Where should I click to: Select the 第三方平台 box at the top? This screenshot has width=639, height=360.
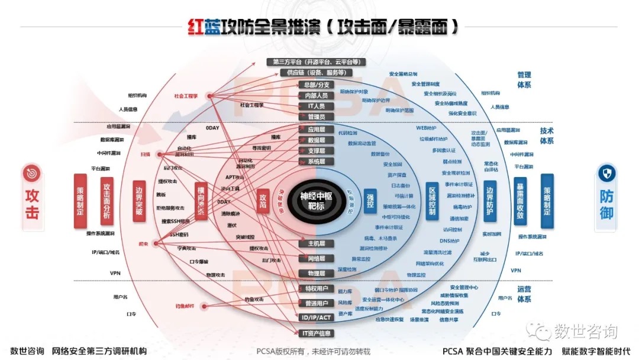click(316, 62)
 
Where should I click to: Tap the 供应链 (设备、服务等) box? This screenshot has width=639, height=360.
click(316, 73)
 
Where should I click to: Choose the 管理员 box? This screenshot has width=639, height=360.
click(317, 117)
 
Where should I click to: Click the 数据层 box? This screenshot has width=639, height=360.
click(317, 140)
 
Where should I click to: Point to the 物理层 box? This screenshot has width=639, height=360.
click(317, 274)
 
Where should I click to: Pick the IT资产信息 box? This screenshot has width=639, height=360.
click(317, 333)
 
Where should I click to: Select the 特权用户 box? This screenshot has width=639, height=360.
click(317, 288)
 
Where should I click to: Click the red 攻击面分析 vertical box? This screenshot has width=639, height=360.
click(106, 202)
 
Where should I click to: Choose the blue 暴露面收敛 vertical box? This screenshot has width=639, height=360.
click(520, 202)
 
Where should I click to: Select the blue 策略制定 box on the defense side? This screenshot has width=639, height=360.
click(547, 201)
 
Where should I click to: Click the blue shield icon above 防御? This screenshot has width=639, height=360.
click(606, 173)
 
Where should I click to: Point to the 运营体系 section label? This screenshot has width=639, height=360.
click(524, 294)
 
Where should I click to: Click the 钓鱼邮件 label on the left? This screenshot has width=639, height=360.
click(185, 306)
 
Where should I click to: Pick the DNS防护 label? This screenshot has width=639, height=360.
click(450, 241)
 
